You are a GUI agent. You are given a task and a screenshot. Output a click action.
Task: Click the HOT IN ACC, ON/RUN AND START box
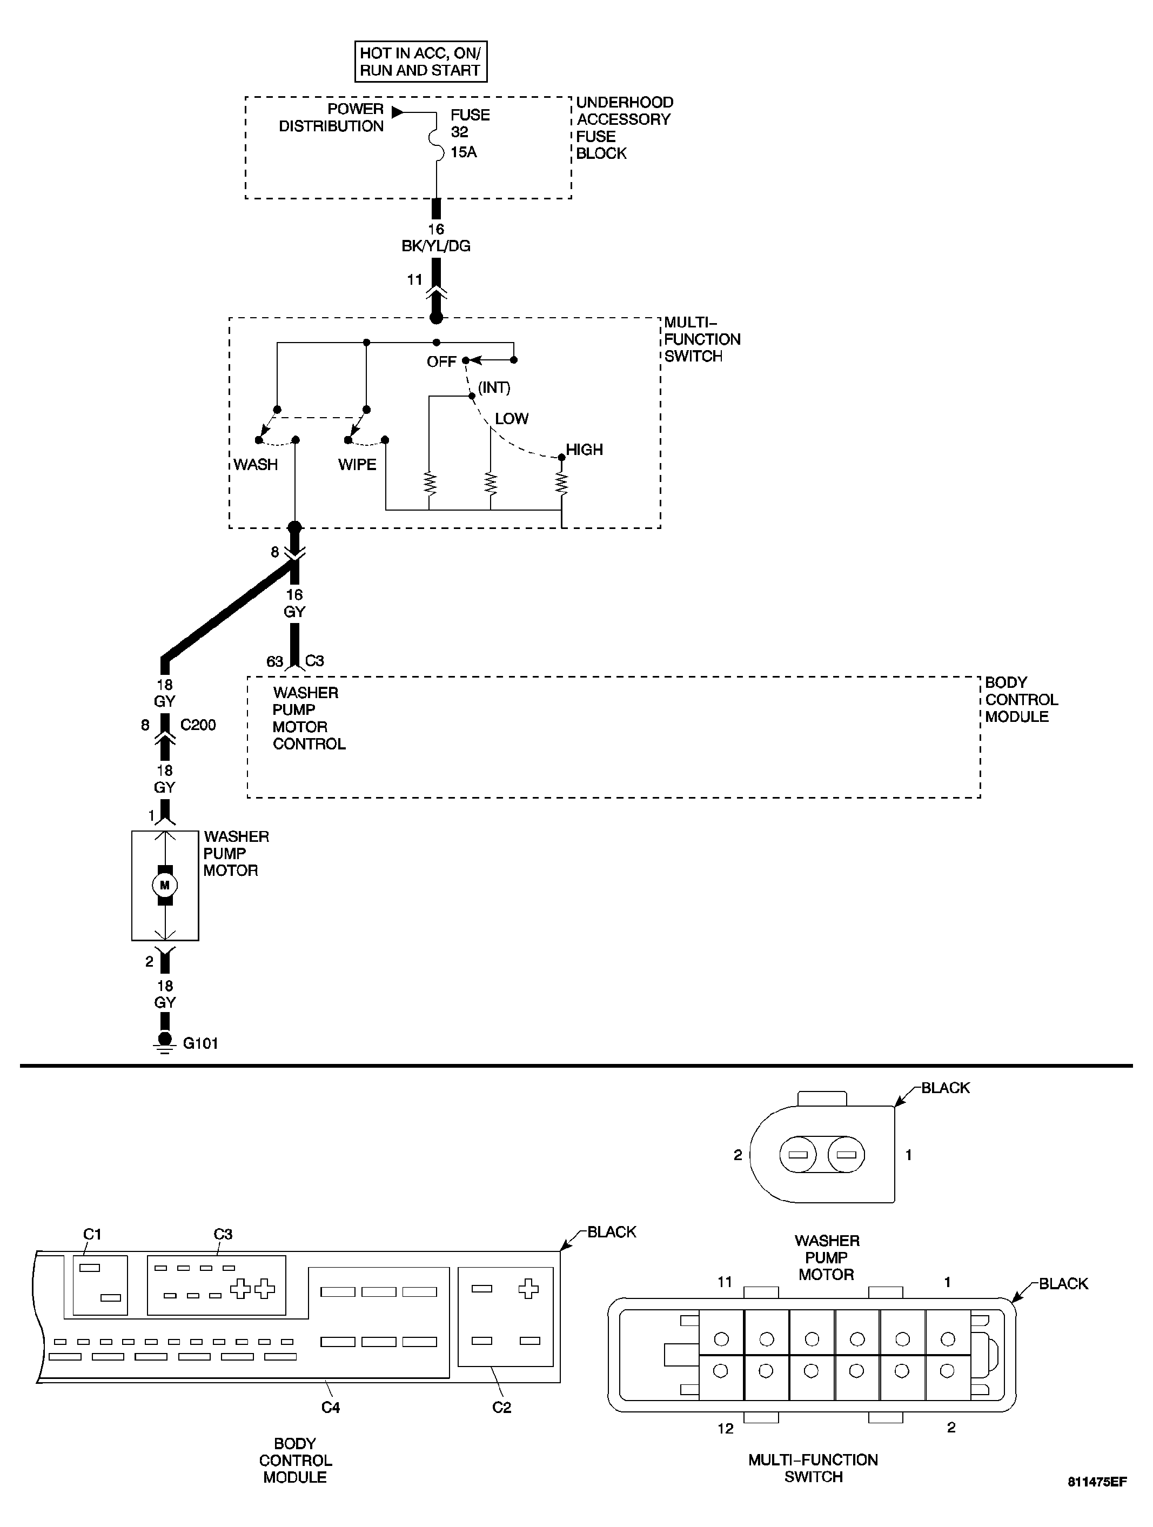[420, 62]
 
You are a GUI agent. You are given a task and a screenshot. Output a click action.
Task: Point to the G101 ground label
[200, 1043]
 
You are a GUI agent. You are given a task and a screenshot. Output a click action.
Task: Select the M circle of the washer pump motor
[164, 885]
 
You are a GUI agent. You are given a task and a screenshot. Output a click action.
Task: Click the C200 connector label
[198, 725]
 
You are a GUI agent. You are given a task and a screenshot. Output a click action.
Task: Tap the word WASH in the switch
[256, 465]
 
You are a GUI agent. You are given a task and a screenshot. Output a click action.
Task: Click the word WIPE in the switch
[357, 465]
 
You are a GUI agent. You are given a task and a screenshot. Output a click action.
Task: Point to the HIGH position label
[584, 450]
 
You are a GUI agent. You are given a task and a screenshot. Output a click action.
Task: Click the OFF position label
[441, 361]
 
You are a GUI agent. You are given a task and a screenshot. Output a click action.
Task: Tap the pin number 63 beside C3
[275, 661]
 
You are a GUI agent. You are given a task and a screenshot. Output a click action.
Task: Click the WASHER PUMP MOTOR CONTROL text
[308, 718]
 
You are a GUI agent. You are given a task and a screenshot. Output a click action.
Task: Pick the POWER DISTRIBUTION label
[331, 117]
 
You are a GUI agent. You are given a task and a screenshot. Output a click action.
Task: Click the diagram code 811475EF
[1097, 1501]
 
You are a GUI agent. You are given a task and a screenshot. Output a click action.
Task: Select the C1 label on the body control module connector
[92, 1234]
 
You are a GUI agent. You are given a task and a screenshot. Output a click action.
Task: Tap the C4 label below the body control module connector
[330, 1407]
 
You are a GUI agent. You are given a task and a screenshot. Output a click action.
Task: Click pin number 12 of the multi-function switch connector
[725, 1428]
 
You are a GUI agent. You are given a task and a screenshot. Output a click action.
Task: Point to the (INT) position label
[494, 388]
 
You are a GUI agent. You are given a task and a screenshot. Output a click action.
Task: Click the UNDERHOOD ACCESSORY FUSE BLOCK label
[624, 128]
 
